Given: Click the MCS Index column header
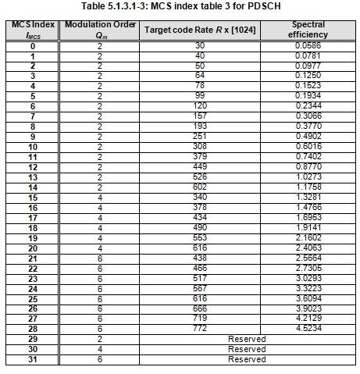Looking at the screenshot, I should [x=33, y=30].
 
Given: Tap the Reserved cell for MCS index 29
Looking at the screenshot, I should [x=248, y=339].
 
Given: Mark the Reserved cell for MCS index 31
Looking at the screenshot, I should [x=248, y=359].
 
